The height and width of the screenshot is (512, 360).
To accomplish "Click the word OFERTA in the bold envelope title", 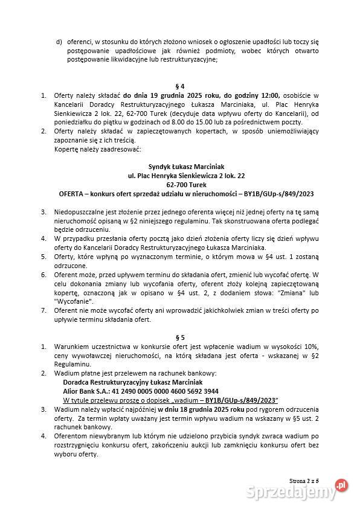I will [x=74, y=194].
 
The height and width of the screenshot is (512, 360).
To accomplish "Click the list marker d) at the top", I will [x=59, y=42].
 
